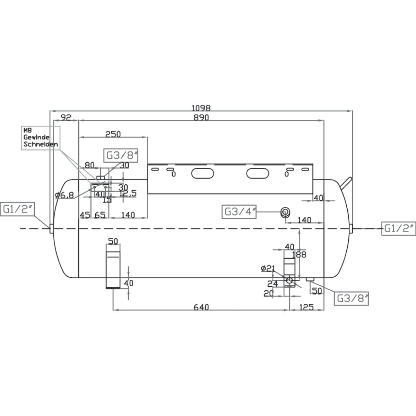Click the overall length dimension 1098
click(201, 108)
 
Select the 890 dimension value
click(201, 118)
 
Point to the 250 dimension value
click(113, 134)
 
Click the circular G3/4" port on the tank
click(286, 212)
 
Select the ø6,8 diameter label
click(64, 195)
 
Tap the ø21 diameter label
click(268, 268)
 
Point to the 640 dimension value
click(201, 307)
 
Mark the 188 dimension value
click(299, 255)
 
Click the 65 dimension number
click(100, 215)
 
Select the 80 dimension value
click(89, 165)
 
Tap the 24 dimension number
click(272, 284)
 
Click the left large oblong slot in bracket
click(203, 173)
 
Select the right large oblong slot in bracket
click(257, 173)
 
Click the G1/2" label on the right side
click(398, 228)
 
